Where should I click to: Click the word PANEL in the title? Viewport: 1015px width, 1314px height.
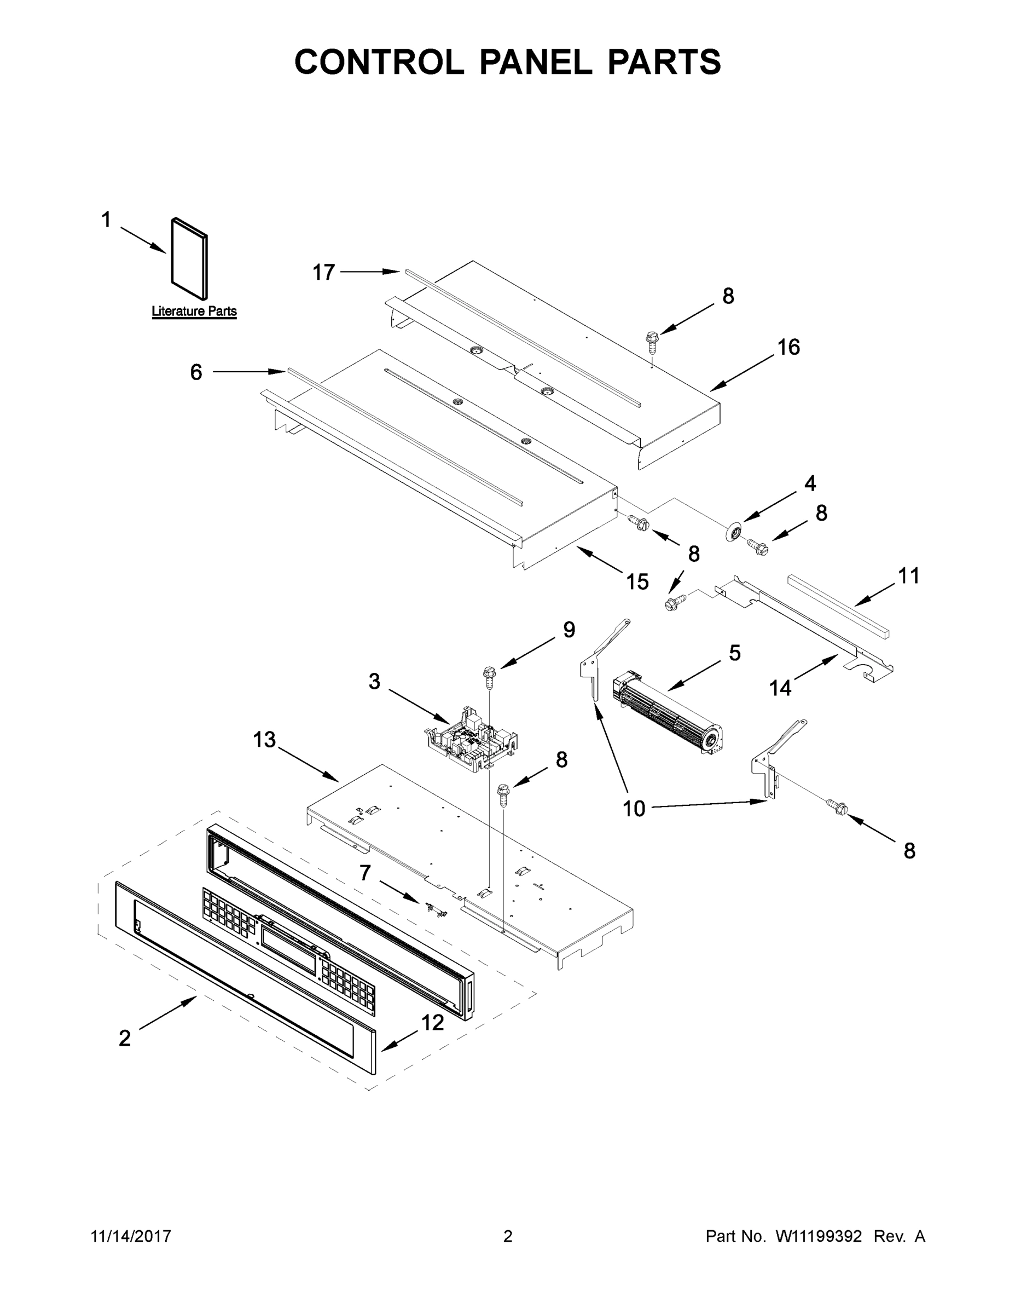point(535,61)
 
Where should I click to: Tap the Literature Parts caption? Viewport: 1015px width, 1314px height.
point(194,311)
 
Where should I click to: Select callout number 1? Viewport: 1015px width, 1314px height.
point(106,220)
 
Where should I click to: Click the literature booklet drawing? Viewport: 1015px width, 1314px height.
point(190,259)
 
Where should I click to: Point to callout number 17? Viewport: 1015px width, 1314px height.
point(323,273)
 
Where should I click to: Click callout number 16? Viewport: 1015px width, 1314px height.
point(788,347)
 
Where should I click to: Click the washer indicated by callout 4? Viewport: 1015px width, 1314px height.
point(733,533)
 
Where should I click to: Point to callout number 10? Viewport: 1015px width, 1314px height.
point(634,809)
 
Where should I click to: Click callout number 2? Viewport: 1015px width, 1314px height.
point(124,1038)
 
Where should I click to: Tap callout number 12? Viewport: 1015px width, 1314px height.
point(432,1022)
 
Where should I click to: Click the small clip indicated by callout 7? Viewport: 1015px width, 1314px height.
point(437,910)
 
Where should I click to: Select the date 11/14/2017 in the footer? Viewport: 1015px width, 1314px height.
point(131,1236)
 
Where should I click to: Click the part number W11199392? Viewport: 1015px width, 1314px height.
point(819,1236)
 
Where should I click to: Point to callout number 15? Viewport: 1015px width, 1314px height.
point(637,582)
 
